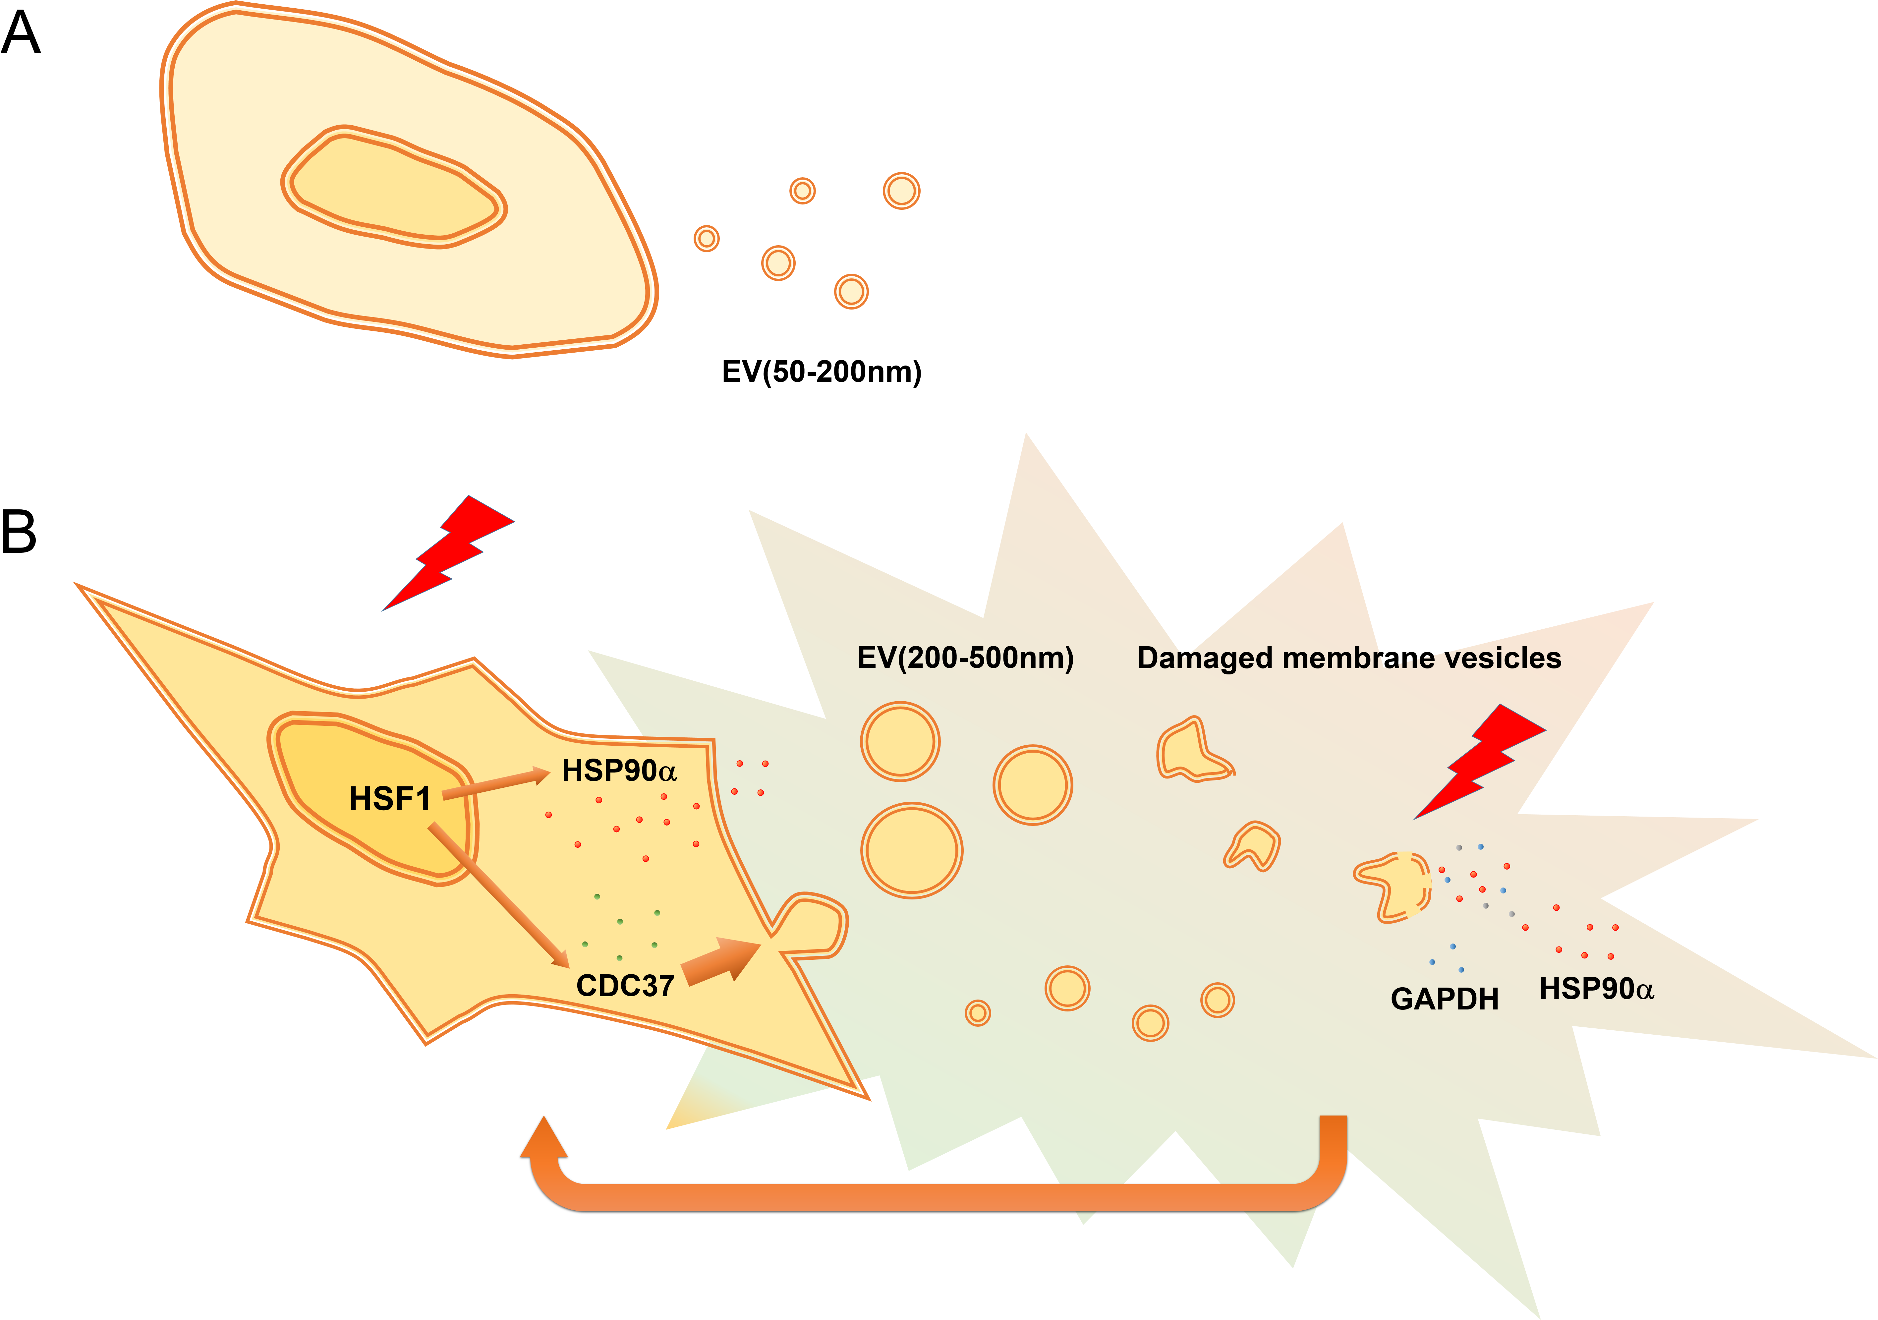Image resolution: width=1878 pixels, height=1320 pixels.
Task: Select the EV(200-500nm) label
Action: click(965, 658)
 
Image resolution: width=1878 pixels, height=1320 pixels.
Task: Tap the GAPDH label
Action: click(1445, 999)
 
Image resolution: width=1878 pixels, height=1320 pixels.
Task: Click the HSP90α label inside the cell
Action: click(619, 771)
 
